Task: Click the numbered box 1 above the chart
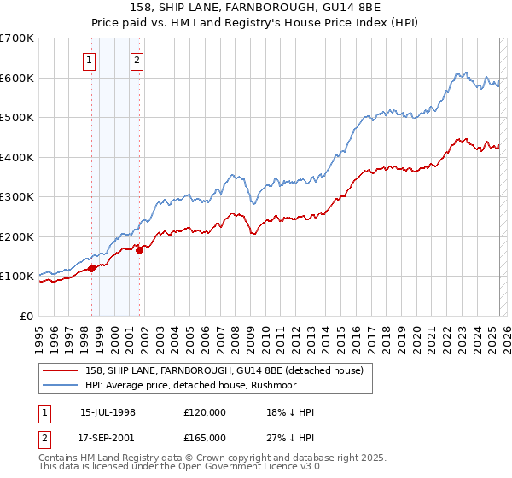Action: [x=90, y=60]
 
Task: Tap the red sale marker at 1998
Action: [x=91, y=268]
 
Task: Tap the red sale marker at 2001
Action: [x=139, y=250]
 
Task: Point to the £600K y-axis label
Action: [x=17, y=78]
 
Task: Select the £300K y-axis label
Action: [x=17, y=196]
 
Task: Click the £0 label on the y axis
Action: [x=26, y=316]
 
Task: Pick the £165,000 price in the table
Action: [x=205, y=438]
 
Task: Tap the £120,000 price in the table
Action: [x=205, y=412]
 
